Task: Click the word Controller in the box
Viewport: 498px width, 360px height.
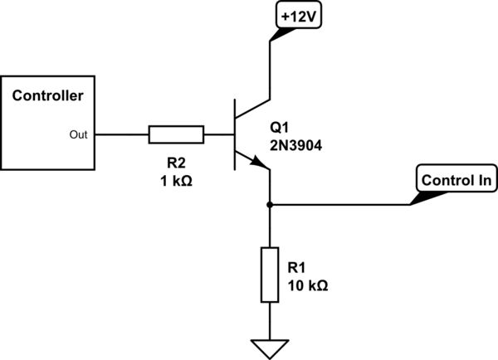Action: (x=47, y=96)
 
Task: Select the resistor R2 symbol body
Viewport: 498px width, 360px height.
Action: (x=176, y=134)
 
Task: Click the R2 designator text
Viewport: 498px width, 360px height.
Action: (x=175, y=165)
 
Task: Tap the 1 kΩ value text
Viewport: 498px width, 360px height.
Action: (x=175, y=182)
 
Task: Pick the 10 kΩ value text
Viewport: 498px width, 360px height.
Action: (x=307, y=285)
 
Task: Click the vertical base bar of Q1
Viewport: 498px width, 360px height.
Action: (x=235, y=134)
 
